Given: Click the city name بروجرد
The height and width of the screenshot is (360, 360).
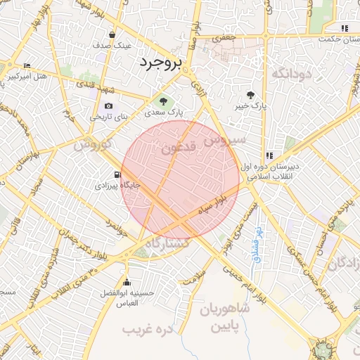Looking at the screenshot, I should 160,62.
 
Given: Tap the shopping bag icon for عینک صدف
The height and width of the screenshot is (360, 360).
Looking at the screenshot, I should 112,34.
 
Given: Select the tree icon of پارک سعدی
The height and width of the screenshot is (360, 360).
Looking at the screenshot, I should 165,102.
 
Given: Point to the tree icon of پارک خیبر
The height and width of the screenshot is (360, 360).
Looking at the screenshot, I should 250,95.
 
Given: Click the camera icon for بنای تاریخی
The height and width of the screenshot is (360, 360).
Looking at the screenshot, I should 108,105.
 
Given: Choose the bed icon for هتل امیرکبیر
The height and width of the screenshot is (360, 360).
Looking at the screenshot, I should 27,65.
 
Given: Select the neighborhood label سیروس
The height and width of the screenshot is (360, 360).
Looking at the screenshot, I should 225,140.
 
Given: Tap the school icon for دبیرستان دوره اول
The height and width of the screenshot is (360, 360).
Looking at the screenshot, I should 269,156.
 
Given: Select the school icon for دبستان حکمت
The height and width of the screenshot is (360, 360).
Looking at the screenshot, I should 344,28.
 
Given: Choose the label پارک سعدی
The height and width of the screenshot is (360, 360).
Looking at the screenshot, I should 169,112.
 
